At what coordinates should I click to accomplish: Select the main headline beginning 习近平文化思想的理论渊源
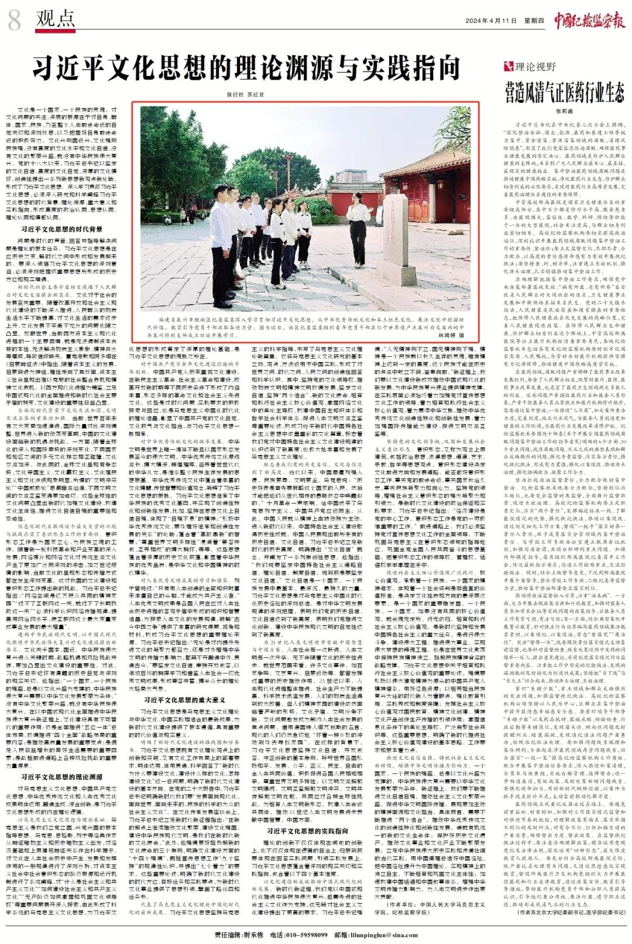(x=245, y=68)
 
